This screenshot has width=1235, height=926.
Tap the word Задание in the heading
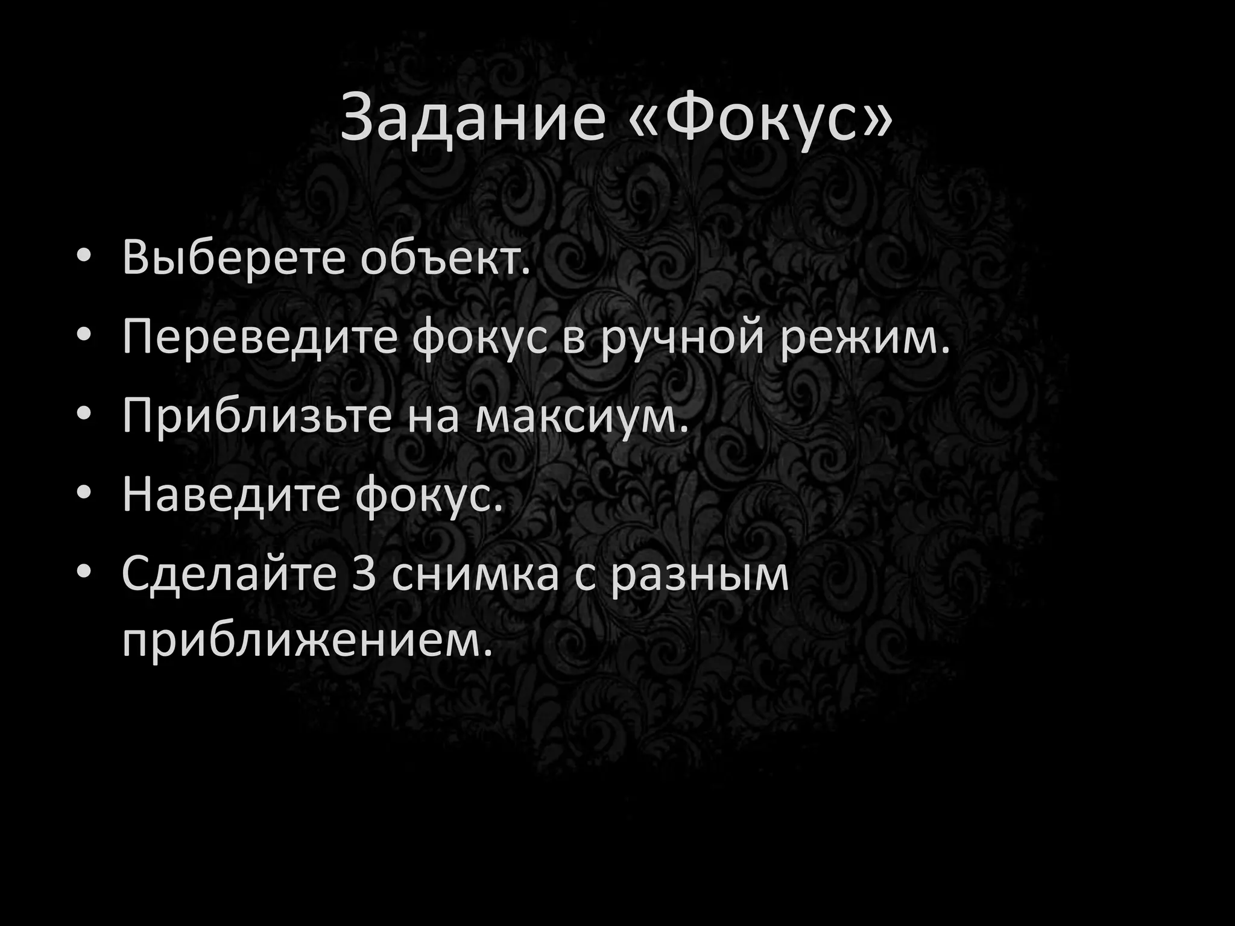pyautogui.click(x=473, y=118)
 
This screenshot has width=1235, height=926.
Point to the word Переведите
pyautogui.click(x=259, y=339)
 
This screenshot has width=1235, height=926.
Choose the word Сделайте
pyautogui.click(x=229, y=574)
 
